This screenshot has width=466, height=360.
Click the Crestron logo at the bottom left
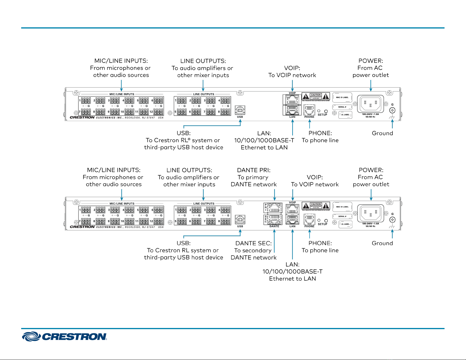click(64, 336)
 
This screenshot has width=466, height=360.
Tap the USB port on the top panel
click(240, 110)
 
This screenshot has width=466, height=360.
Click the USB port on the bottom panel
click(240, 220)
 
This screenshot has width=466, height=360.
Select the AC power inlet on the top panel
click(370, 104)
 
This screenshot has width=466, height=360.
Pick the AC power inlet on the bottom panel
click(370, 213)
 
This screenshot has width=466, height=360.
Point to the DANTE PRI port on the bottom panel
click(274, 208)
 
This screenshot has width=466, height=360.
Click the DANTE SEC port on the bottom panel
click(274, 220)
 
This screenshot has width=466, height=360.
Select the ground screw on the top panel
click(392, 110)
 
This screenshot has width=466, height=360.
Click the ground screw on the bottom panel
click(392, 220)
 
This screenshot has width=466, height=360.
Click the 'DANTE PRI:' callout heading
click(254, 170)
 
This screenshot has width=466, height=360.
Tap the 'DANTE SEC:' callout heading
click(253, 243)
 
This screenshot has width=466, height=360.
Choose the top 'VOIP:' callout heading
click(292, 68)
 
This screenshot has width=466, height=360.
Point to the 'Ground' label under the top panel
click(382, 133)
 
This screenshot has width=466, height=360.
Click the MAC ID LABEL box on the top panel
click(342, 98)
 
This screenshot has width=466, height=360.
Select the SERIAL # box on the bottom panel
click(342, 216)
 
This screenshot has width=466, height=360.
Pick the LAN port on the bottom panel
click(292, 219)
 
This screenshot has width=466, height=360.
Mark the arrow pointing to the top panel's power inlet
click(371, 86)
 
